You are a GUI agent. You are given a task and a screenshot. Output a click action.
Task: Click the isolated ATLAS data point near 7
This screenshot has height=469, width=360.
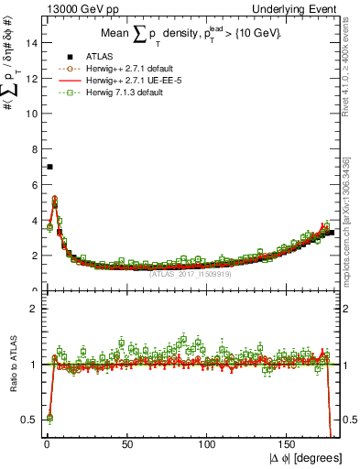point(49,167)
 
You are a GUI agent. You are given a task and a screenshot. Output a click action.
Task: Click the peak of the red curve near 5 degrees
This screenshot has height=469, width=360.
point(55,198)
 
